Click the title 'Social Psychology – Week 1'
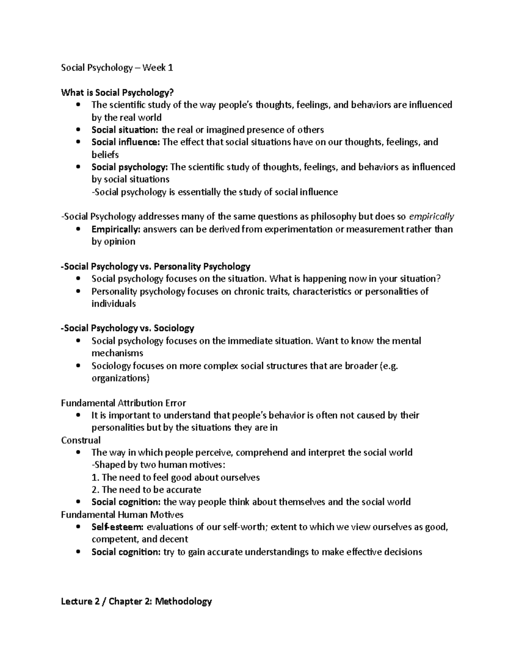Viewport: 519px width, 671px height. coord(117,68)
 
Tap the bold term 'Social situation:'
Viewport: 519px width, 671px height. coord(125,130)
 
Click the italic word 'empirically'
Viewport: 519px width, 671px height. coord(431,216)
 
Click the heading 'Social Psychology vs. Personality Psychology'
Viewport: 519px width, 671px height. coord(156,267)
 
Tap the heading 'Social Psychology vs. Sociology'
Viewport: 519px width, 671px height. coord(128,328)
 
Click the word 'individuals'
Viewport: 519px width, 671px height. coord(113,304)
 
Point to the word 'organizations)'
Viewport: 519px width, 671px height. coord(120,378)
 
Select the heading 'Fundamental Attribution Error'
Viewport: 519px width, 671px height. coord(123,403)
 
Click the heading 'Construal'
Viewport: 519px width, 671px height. coord(80,440)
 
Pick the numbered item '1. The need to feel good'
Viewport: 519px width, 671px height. coord(176,477)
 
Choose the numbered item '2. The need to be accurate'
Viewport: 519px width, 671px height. coord(146,490)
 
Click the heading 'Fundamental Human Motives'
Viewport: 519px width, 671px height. coord(122,515)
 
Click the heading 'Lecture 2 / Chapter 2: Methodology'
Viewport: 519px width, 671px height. coord(136,601)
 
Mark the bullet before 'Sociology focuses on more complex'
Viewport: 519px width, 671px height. coord(78,366)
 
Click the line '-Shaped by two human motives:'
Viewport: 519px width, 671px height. coord(158,465)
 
